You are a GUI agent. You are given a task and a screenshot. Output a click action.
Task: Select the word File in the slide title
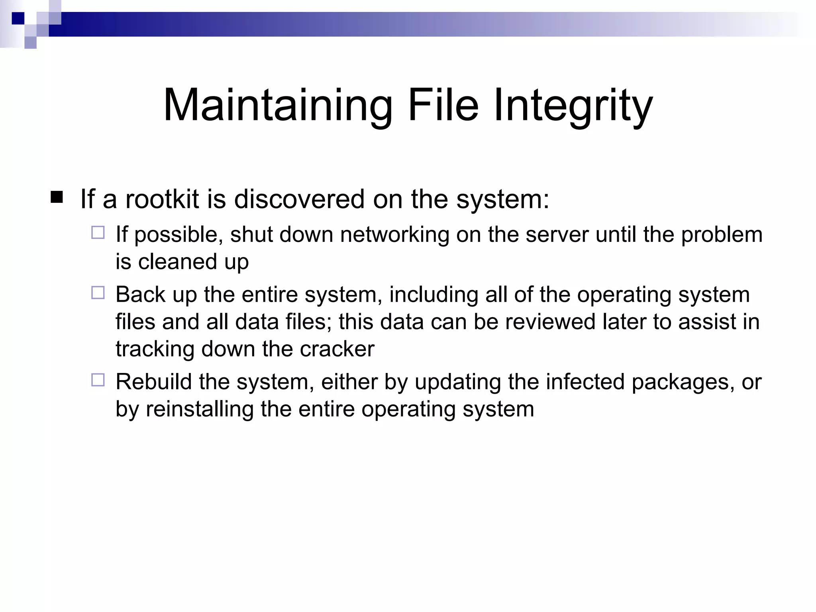(x=443, y=106)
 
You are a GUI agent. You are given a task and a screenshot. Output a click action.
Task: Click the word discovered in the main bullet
(x=299, y=199)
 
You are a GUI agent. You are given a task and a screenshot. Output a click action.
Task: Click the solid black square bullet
(x=57, y=197)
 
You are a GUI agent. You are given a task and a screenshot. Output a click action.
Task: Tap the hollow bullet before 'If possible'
(x=98, y=233)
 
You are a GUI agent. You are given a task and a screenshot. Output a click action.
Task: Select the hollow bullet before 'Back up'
(x=98, y=293)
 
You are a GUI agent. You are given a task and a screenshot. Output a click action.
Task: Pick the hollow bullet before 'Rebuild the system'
(x=98, y=380)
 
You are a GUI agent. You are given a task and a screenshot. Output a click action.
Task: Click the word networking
(x=394, y=235)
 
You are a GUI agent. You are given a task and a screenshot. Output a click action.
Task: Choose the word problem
(x=722, y=235)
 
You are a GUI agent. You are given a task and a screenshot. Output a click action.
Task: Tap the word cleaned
(x=177, y=262)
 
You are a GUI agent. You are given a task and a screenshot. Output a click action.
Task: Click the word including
(x=433, y=295)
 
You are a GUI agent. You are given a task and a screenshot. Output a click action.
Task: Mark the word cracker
(x=337, y=349)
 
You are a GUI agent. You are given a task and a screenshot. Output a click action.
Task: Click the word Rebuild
(x=154, y=382)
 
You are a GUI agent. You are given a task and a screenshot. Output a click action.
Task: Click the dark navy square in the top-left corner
(x=18, y=18)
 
